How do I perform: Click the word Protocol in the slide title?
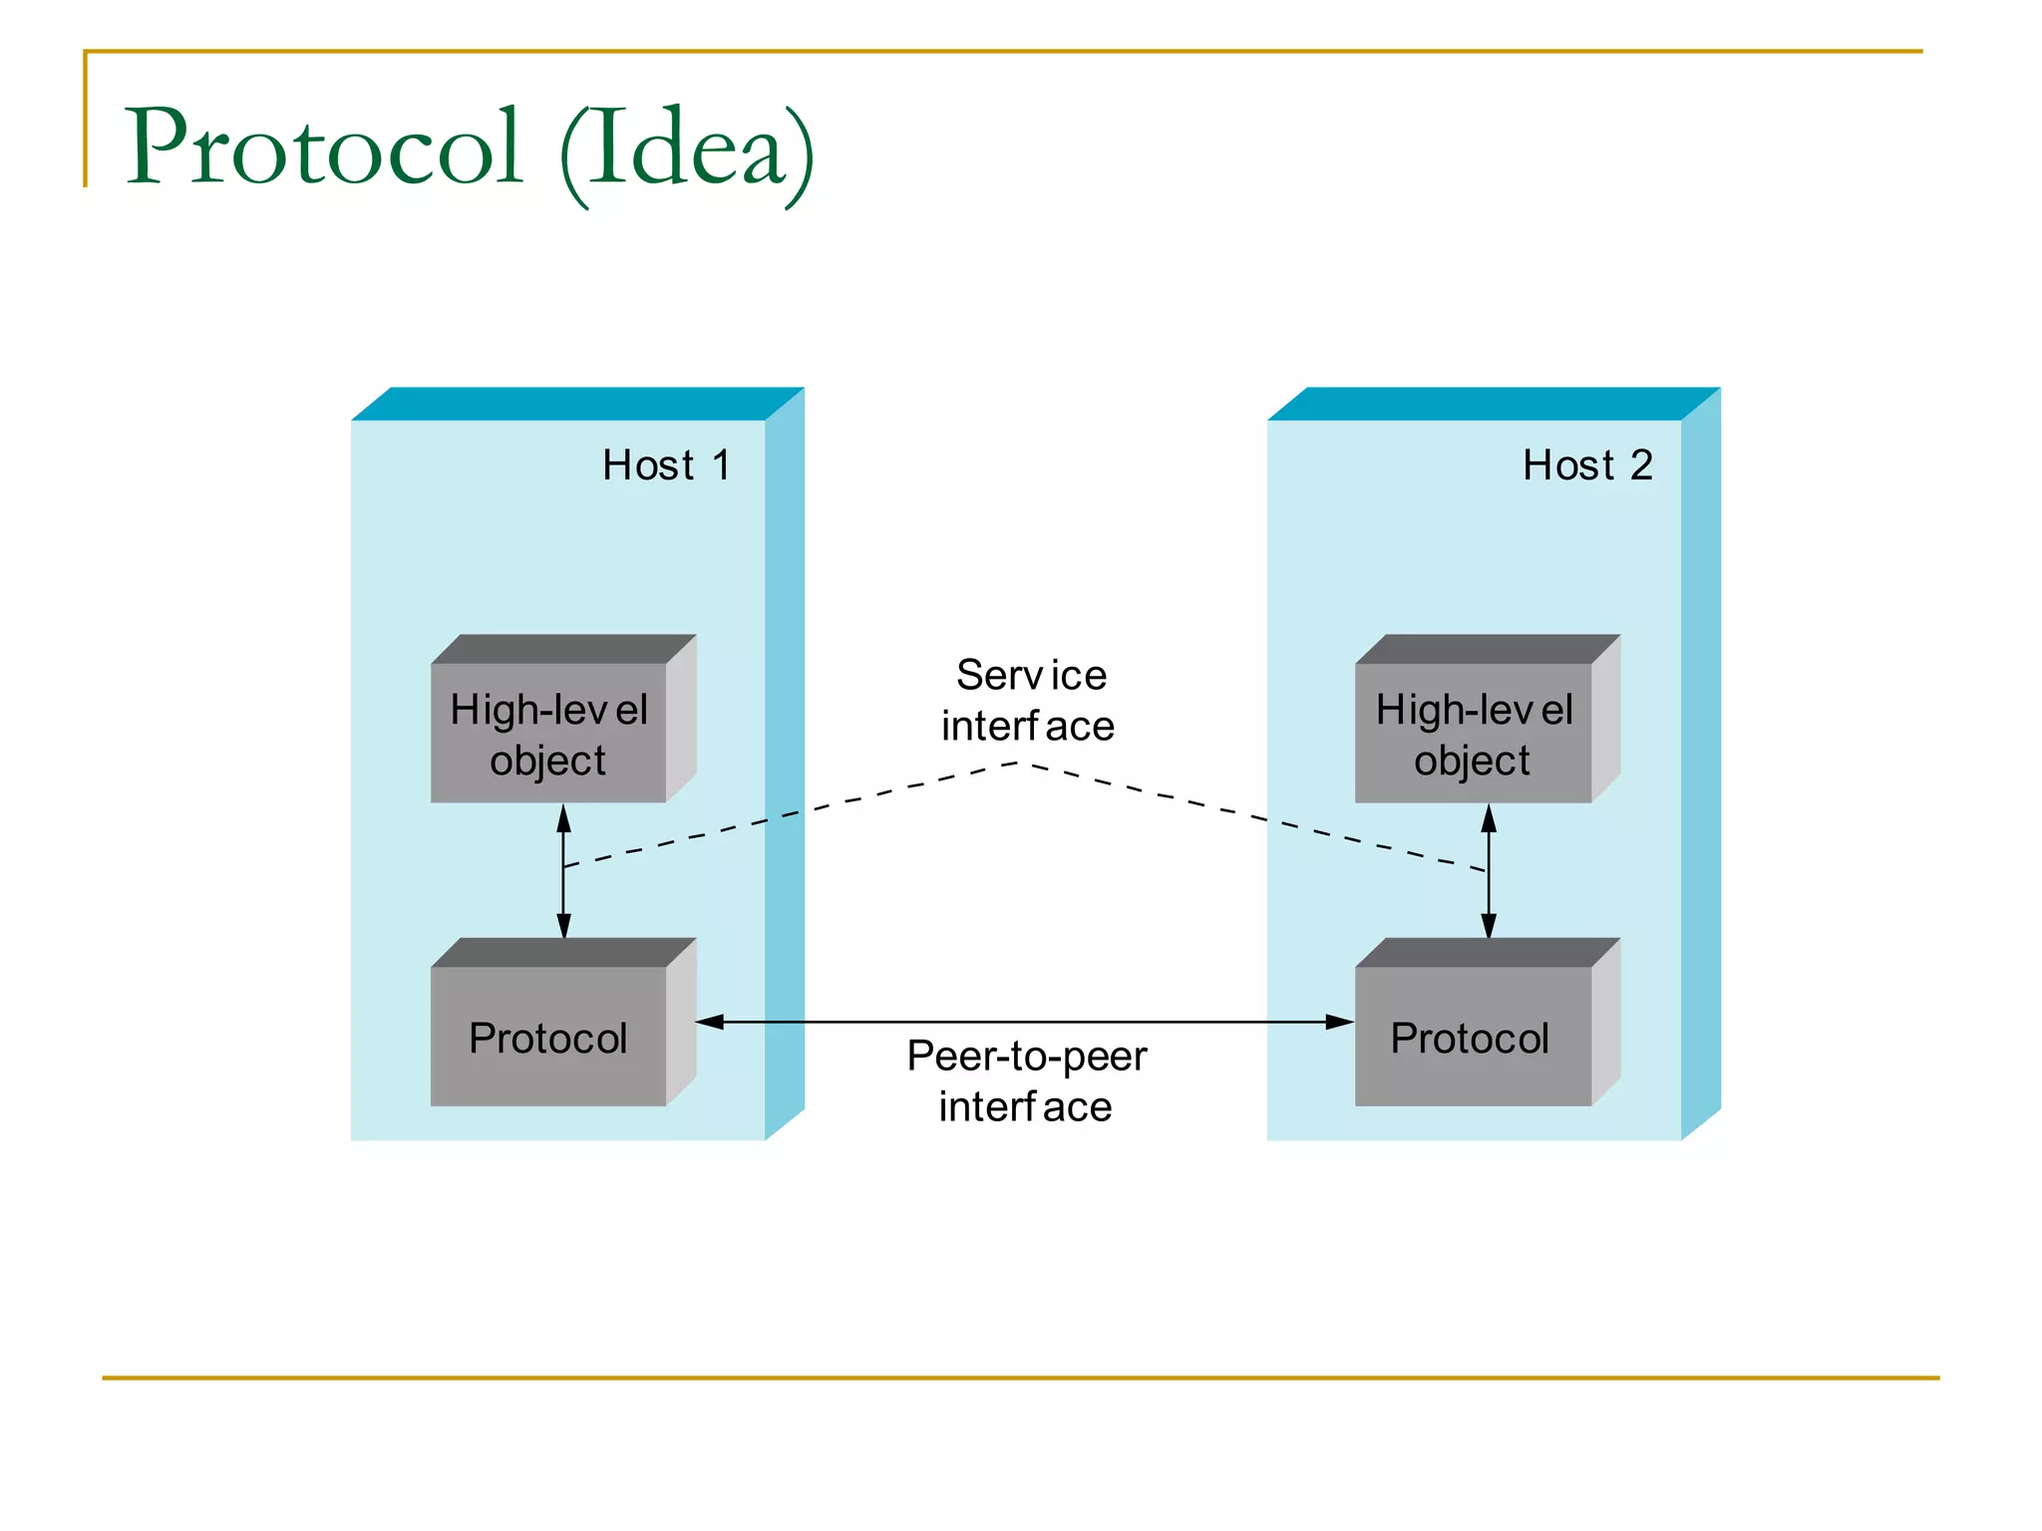tap(324, 148)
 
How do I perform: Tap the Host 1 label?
tap(666, 464)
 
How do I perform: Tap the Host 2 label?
tap(1587, 464)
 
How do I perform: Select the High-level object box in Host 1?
tap(548, 733)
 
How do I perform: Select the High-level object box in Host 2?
tap(1473, 733)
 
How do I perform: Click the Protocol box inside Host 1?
tap(548, 1037)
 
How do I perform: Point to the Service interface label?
tap(1029, 700)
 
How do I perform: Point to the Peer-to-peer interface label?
tap(1027, 1080)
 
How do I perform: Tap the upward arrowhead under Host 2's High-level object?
tap(1489, 819)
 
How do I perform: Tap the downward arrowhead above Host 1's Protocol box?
tap(563, 924)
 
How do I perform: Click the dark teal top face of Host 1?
tap(578, 404)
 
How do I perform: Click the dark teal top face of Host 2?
tap(1494, 404)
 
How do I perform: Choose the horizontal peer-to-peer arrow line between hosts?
tap(1027, 1022)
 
